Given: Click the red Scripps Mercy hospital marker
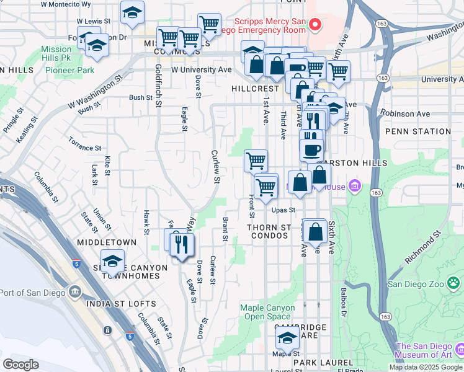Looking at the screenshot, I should coord(315,25).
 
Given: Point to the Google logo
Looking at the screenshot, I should coord(20,365).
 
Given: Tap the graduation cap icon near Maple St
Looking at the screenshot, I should coord(287,338).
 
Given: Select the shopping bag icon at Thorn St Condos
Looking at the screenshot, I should coord(315,231).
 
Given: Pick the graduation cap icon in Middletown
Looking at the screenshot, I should coord(112,261).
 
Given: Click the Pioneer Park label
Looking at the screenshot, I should coord(69,70).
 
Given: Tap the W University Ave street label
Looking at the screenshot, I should coord(202,70).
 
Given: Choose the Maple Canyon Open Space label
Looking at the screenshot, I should coord(267,312).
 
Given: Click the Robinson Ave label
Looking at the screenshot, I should coord(405,114).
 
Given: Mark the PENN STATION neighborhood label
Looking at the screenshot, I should coord(417,131).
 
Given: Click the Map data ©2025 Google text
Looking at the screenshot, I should coord(426,367).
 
